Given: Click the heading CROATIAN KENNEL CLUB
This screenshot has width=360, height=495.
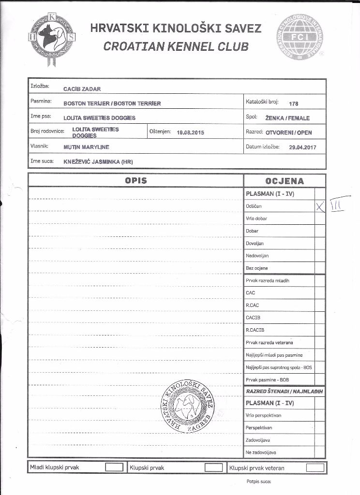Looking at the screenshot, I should [176, 47].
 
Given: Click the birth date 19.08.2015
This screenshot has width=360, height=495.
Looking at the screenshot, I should [191, 132].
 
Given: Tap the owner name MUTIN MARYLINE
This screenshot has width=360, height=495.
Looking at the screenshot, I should [86, 147].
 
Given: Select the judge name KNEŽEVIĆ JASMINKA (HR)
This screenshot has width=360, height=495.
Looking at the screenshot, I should [98, 161].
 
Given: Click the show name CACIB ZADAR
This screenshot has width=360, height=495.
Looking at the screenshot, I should [82, 89].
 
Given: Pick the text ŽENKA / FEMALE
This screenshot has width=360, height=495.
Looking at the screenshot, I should [287, 118].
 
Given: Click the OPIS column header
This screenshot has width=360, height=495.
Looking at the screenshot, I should [135, 181].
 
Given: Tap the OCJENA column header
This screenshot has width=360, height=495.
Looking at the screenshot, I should [285, 181].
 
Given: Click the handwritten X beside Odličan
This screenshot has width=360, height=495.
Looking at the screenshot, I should [319, 207].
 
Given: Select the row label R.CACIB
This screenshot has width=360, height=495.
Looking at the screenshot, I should [255, 330].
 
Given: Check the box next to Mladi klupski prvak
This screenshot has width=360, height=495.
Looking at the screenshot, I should [114, 467].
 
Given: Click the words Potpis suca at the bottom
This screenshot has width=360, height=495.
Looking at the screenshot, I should [259, 481].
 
